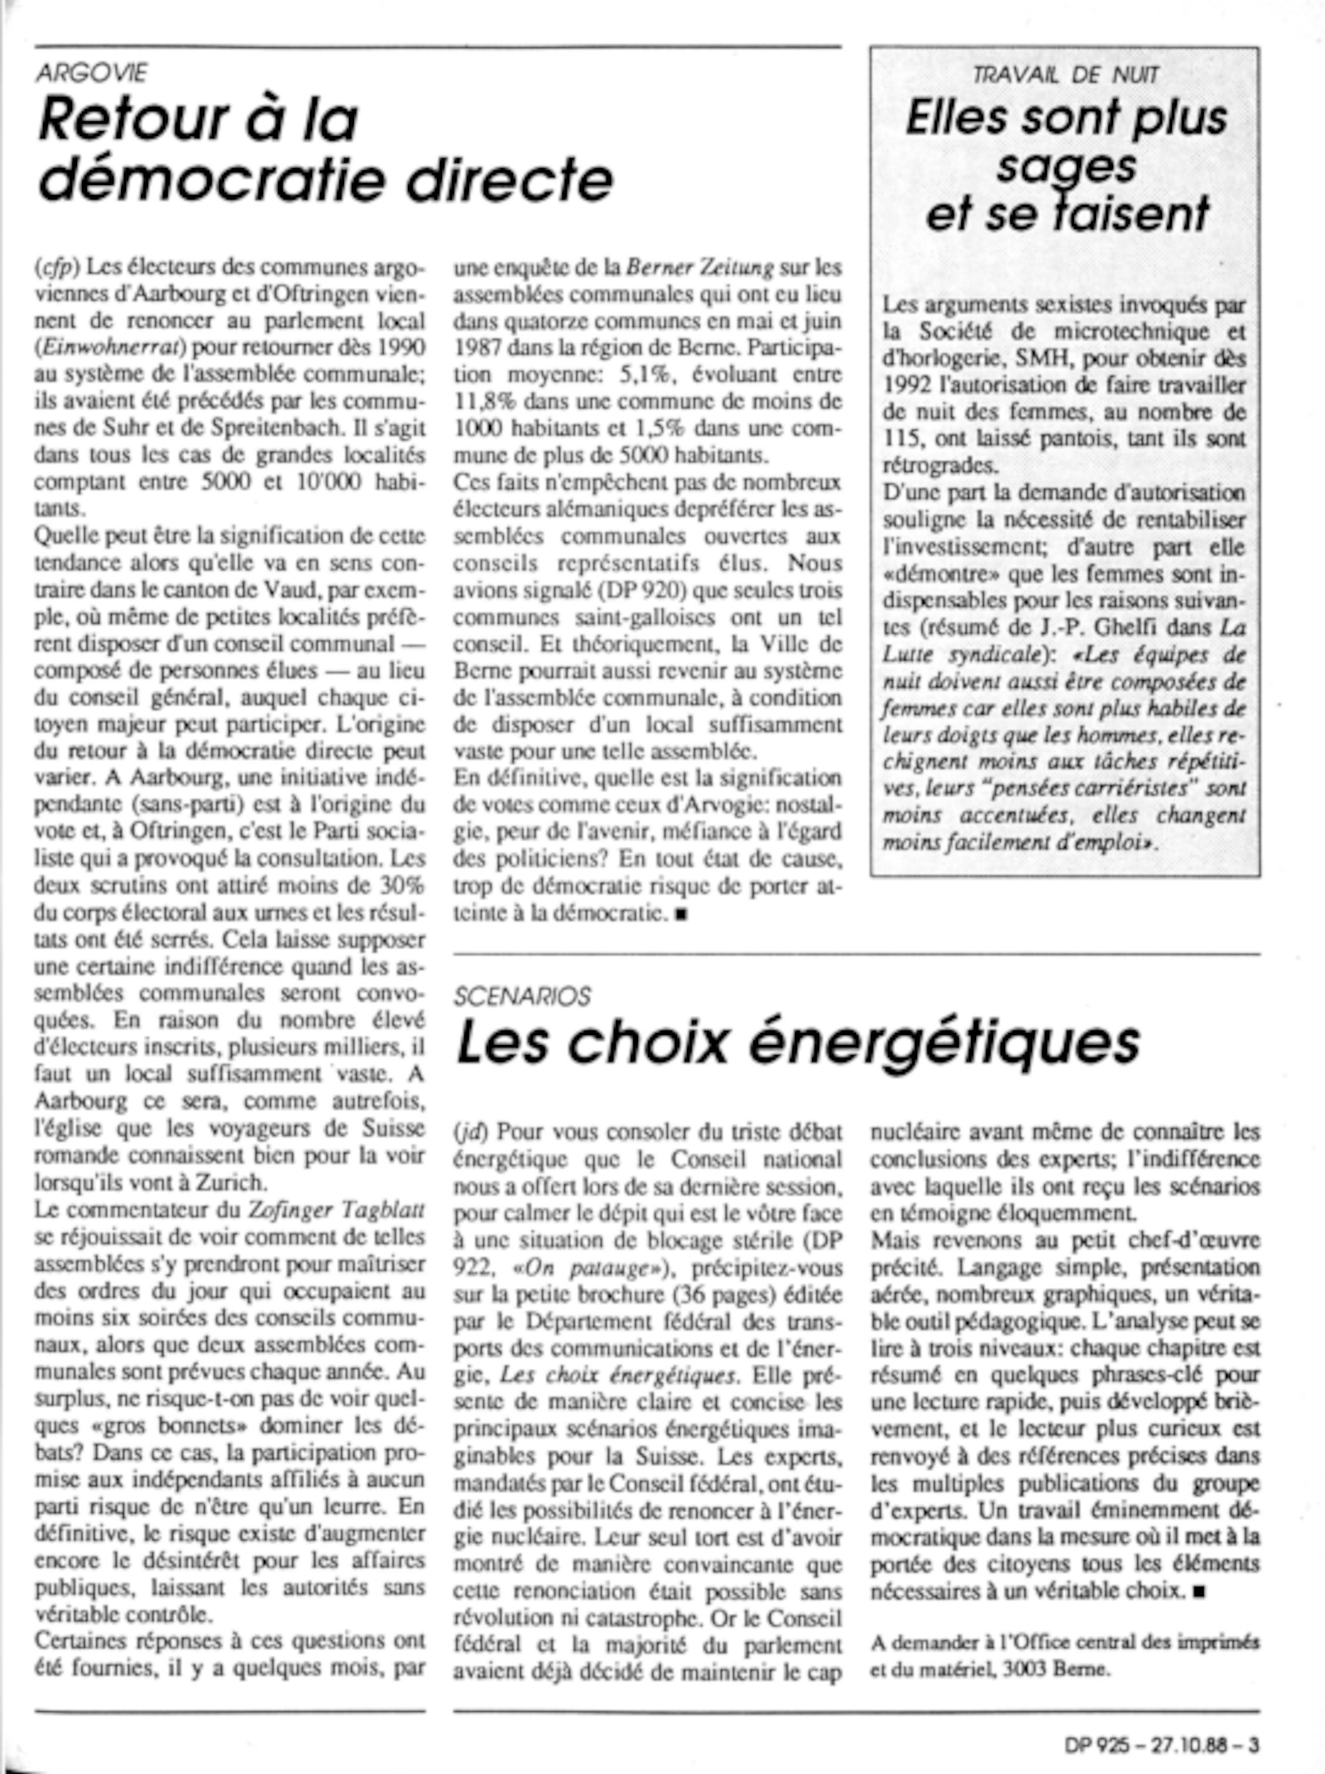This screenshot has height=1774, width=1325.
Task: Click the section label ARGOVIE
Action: (91, 73)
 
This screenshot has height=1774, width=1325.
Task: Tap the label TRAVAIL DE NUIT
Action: (1065, 76)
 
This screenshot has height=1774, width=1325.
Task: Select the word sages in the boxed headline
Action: (1066, 166)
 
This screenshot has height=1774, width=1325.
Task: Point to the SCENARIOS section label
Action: (522, 996)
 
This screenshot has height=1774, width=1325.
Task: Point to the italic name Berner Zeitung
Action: (700, 267)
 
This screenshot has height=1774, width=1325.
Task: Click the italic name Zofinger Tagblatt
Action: (335, 1210)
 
